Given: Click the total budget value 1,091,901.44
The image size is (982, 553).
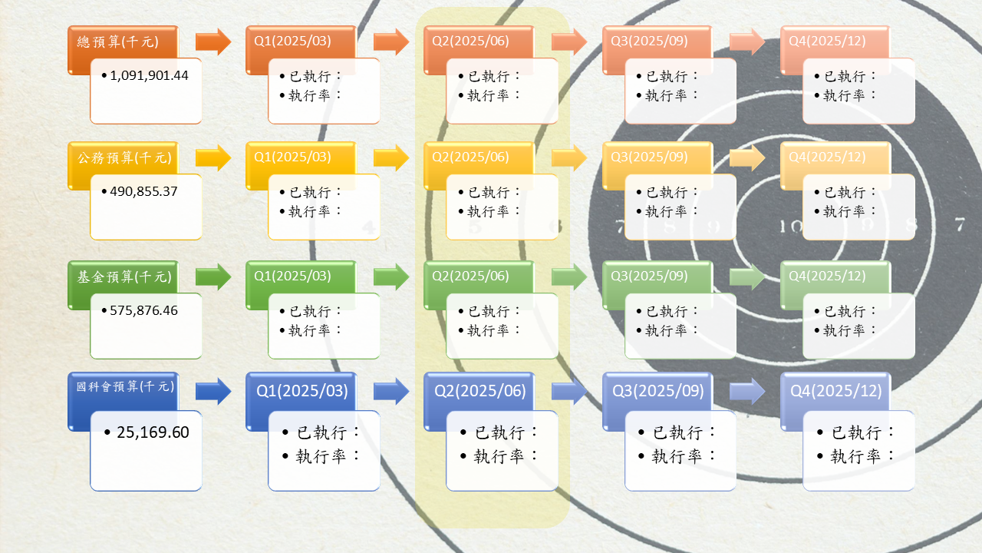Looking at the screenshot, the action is click(149, 75).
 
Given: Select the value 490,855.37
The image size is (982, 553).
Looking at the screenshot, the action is click(143, 191).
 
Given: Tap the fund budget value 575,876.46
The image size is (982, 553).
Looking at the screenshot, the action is click(143, 311).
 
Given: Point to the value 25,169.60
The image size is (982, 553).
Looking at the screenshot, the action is click(153, 432).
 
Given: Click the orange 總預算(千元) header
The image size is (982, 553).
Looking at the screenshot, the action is click(117, 41).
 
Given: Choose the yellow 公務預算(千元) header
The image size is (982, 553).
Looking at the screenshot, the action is click(124, 157).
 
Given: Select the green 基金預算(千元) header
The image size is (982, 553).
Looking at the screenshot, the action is click(124, 277).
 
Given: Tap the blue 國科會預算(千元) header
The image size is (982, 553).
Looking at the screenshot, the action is click(125, 386).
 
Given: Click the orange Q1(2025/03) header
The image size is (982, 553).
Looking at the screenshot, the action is click(292, 41).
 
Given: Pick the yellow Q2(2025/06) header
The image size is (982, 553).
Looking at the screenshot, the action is click(470, 157).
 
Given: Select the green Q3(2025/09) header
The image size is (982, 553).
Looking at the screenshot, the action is click(649, 276).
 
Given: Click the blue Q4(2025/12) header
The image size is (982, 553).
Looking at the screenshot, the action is click(835, 391).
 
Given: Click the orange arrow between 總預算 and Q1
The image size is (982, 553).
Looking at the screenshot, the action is click(213, 41).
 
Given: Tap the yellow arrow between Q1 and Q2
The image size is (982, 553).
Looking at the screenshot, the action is click(391, 157).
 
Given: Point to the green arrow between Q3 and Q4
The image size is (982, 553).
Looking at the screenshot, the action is click(747, 277).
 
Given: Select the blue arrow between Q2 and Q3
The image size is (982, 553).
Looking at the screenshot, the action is click(569, 391).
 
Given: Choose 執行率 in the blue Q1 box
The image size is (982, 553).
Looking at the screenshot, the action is click(321, 456).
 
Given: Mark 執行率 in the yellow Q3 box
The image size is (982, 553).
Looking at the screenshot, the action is click(666, 211).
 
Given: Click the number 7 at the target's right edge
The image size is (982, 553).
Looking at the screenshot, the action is click(960, 225).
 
